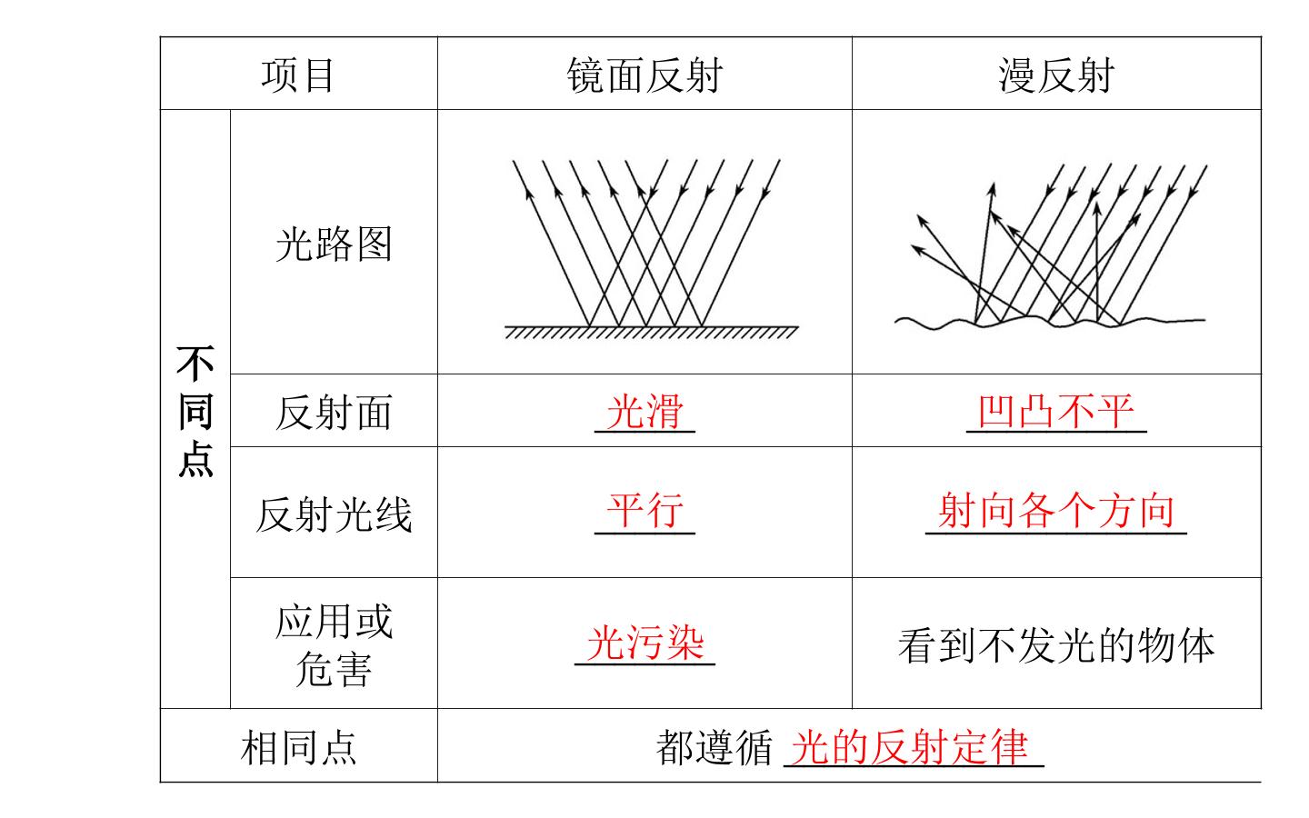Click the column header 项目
click(297, 76)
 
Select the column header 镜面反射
click(645, 76)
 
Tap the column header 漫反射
click(1056, 76)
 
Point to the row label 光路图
click(334, 244)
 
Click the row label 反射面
click(334, 413)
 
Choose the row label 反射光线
click(334, 514)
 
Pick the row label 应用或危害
click(334, 645)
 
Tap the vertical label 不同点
click(195, 412)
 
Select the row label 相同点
click(298, 747)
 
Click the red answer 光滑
click(645, 412)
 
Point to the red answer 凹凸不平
click(1056, 412)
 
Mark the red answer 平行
click(645, 510)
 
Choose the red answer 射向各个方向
click(1056, 510)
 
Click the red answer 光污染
click(645, 643)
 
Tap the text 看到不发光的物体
click(1056, 645)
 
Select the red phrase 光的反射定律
click(909, 747)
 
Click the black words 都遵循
click(714, 747)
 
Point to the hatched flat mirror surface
click(652, 332)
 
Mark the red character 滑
click(664, 412)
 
